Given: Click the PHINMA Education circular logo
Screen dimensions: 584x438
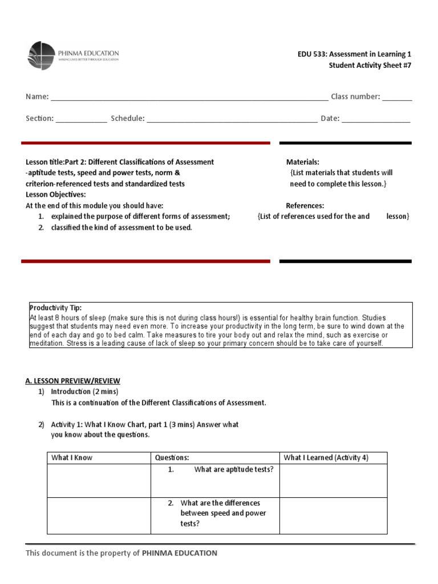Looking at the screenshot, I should (x=42, y=55).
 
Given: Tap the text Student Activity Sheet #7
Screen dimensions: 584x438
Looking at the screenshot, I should (x=370, y=65).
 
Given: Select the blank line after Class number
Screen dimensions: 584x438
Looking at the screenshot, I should (x=397, y=98).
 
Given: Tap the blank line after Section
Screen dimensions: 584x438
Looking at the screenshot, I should (x=81, y=119).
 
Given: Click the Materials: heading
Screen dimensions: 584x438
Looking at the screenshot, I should (x=302, y=162).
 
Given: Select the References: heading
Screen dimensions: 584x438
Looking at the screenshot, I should (x=305, y=205).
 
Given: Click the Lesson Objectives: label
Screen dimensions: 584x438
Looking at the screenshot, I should (x=56, y=194).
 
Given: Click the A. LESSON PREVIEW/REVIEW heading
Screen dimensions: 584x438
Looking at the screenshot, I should (x=72, y=381).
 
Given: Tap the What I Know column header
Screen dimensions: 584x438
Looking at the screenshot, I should (x=72, y=457).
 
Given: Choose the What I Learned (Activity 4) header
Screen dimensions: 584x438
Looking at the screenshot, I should (x=326, y=457).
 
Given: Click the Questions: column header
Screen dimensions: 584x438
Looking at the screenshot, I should (x=172, y=457).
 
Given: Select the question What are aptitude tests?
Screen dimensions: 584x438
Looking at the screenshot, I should (x=233, y=469).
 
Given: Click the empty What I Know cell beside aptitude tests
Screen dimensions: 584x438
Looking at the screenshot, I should (x=99, y=480).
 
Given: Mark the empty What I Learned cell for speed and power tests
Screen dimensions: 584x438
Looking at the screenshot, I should (x=333, y=516).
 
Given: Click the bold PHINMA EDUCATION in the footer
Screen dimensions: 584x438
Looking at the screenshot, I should (x=179, y=553).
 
